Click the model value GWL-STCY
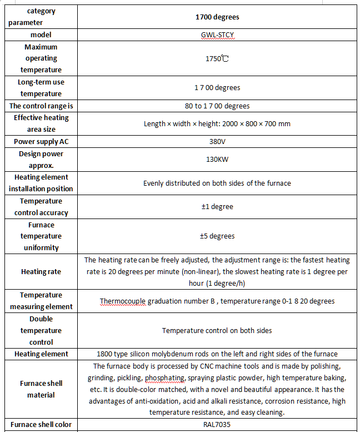[x=217, y=34]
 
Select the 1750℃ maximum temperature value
[x=217, y=58]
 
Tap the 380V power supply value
[x=217, y=141]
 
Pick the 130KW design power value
[x=217, y=160]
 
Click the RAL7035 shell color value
[x=217, y=425]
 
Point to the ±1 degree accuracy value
[x=217, y=207]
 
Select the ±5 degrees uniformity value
[x=217, y=236]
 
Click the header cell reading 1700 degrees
[x=217, y=17]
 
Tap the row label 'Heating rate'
[x=41, y=272]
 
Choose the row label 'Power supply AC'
[x=41, y=141]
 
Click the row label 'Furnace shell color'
[x=41, y=425]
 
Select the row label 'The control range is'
[x=41, y=106]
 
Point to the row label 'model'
[x=41, y=34]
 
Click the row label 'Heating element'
[x=41, y=354]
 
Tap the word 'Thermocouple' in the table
[x=123, y=301]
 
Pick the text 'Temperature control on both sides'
[x=217, y=330]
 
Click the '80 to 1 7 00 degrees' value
[x=217, y=106]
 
